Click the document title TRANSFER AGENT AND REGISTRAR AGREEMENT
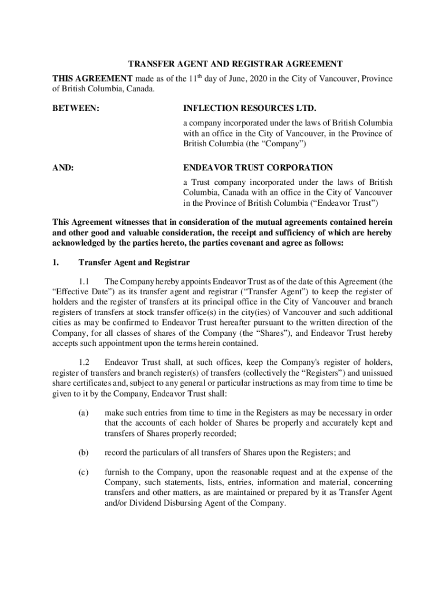(222, 64)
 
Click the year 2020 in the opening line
(259, 79)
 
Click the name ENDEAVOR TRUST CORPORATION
(258, 168)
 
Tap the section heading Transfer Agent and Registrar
(134, 262)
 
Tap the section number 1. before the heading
(55, 262)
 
